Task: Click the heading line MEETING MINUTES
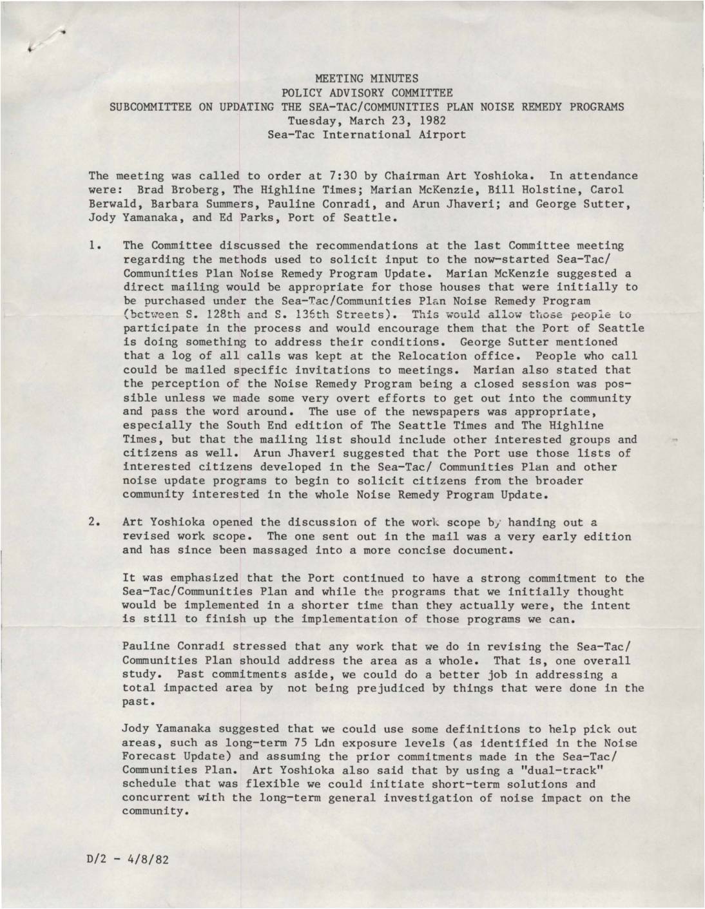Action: pos(366,79)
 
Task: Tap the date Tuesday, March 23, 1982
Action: pos(366,120)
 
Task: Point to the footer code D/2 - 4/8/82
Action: pos(128,860)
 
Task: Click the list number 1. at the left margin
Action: pos(96,245)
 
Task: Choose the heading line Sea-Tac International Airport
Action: pos(366,135)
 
